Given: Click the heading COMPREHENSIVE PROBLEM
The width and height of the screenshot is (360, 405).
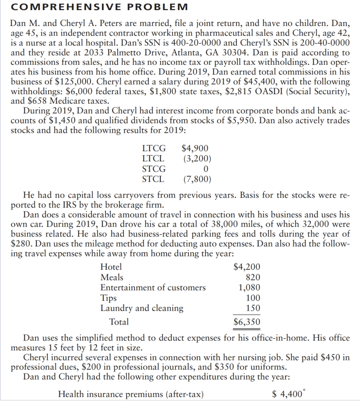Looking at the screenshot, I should coord(99,6).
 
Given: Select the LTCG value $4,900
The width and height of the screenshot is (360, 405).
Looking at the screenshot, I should coord(195,148).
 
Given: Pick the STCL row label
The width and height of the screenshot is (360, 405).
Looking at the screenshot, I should coord(153,179).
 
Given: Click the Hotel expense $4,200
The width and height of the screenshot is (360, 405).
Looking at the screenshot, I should coord(247,267).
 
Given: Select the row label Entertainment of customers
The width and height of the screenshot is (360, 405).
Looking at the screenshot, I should coord(153,288).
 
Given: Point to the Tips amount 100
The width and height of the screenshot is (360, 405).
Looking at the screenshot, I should coord(253,298).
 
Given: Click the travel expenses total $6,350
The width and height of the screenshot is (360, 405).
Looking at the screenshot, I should coord(247,322).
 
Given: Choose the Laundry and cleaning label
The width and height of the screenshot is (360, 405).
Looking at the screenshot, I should coord(142,308).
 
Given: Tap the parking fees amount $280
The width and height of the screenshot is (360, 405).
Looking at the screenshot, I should coord(21,244).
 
